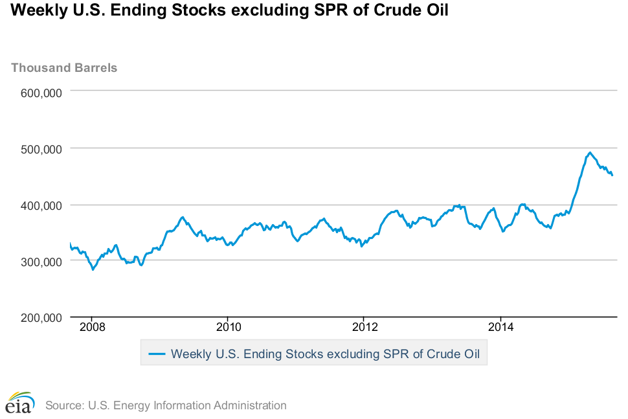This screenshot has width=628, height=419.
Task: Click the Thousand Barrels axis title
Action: pos(64,67)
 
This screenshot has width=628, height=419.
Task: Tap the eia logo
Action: pos(20,402)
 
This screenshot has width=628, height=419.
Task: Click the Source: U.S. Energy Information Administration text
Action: pos(166,405)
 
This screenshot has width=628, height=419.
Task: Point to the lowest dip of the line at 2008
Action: pos(93,269)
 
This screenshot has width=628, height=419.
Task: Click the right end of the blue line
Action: pos(612,176)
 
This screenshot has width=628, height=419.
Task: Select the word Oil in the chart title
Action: pos(436,11)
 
